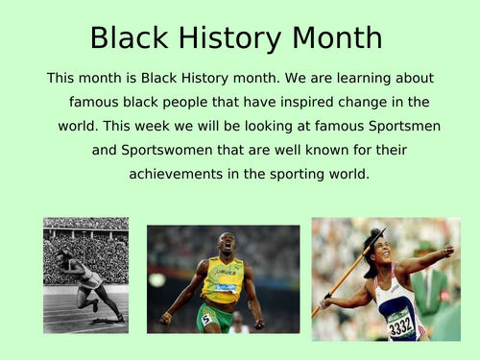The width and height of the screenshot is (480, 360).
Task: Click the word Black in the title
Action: (128, 37)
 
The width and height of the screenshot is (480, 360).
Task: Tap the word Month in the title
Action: (331, 37)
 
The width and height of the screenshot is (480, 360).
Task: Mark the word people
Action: (186, 101)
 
